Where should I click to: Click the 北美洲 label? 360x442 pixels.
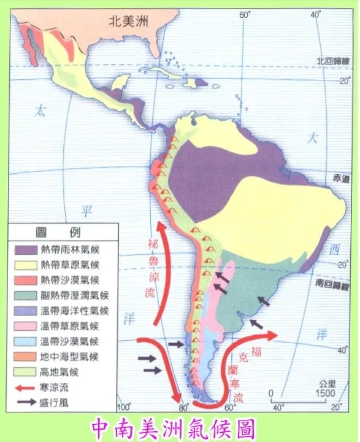click(129, 20)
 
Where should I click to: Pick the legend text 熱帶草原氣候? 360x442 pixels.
click(69, 265)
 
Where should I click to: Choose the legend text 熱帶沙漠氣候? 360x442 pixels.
click(69, 280)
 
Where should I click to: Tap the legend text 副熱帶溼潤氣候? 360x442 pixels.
click(74, 295)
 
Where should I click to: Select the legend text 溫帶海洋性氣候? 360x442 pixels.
click(74, 311)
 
